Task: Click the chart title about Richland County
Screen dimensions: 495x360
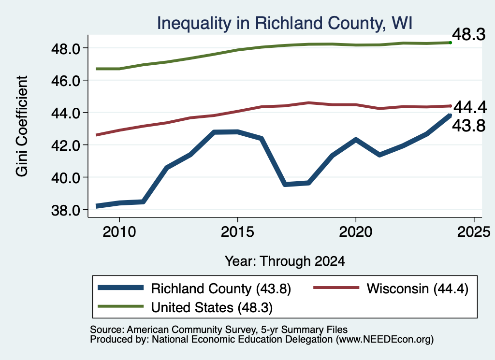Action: [x=284, y=23]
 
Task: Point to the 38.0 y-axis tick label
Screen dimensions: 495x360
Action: [x=66, y=210]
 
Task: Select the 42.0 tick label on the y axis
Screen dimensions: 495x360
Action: [x=66, y=146]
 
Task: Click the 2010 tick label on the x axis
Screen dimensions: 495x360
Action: [x=119, y=232]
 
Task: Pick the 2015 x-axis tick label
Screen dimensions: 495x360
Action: [x=237, y=232]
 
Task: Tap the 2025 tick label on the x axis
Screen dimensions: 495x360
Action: [x=474, y=232]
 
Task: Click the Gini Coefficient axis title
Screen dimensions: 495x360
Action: [x=22, y=126]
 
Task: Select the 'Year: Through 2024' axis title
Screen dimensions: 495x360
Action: [x=285, y=261]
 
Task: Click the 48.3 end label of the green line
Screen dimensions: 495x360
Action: [x=469, y=34]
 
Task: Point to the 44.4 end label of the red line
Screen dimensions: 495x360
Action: [x=470, y=108]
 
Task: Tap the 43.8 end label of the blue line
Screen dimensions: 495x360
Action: [x=469, y=126]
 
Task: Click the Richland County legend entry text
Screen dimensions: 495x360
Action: [x=221, y=289]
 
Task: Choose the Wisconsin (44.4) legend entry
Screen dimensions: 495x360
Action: [x=417, y=289]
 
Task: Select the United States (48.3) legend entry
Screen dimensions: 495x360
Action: [x=212, y=308]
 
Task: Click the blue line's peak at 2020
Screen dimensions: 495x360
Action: [x=356, y=140]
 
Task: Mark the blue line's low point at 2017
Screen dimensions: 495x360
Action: [x=285, y=184]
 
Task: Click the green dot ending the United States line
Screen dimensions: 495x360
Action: [x=451, y=43]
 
